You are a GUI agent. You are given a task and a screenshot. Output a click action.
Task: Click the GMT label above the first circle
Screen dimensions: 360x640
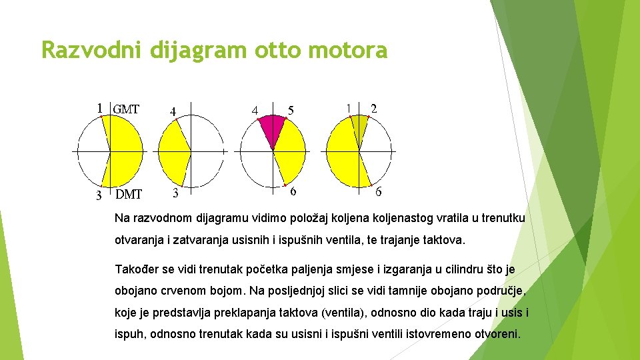pyautogui.click(x=126, y=109)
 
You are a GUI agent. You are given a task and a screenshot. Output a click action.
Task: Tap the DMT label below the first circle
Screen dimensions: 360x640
pyautogui.click(x=129, y=195)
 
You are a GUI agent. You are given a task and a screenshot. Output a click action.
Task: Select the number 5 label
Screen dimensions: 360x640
pyautogui.click(x=291, y=109)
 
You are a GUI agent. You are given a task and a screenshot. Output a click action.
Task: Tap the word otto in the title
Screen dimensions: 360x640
pyautogui.click(x=264, y=50)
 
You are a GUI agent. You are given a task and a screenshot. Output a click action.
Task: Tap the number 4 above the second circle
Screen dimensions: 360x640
pyautogui.click(x=173, y=112)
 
